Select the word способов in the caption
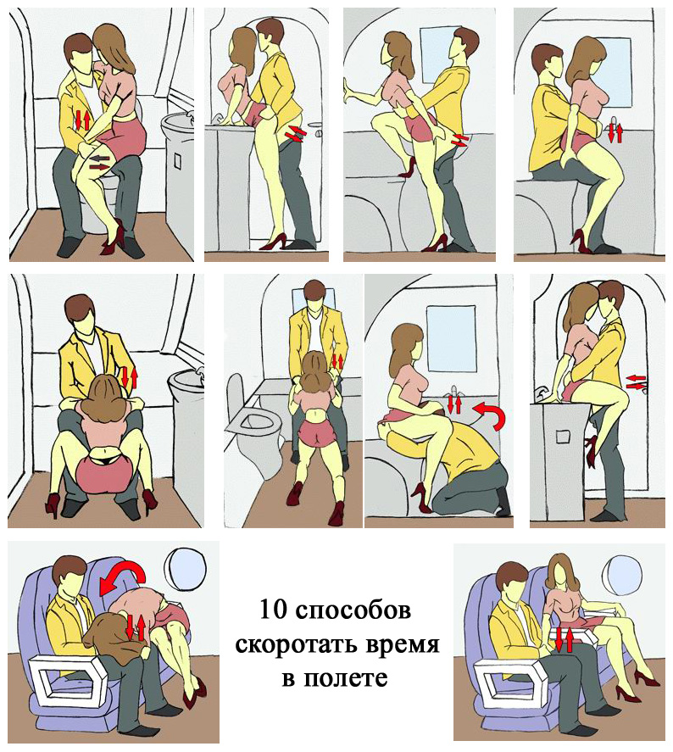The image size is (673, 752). [x=353, y=611]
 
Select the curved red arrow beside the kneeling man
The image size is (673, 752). [x=490, y=415]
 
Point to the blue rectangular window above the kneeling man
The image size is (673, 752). [x=452, y=339]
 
